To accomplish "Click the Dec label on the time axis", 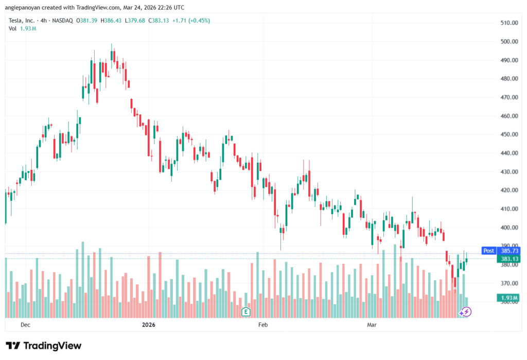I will pos(25,325).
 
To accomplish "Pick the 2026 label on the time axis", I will pos(148,325).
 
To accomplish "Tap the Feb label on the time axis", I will pos(263,325).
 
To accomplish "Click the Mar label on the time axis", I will pos(372,325).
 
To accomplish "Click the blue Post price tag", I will pos(488,251).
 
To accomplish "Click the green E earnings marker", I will pos(246,311).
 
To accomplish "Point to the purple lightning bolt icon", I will pos(465,312).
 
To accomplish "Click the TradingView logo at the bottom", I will pos(44,346).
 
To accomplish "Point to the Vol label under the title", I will pos(13,28).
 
